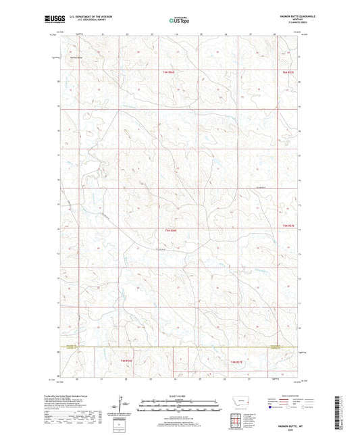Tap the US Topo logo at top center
[x=179, y=20]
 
